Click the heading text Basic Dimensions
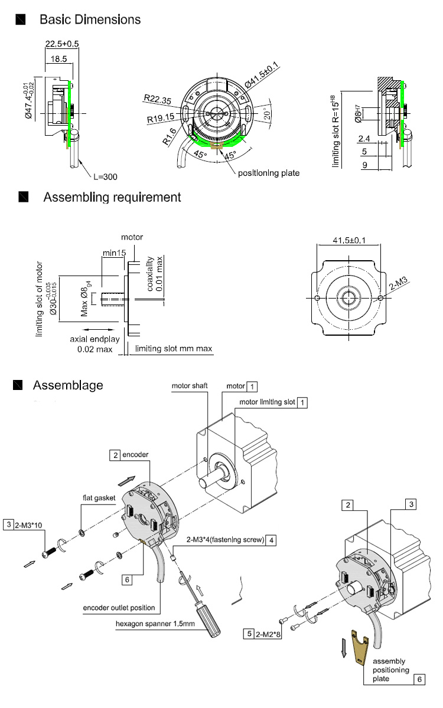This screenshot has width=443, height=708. pos(90,19)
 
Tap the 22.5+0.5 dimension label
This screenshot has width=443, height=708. pos(61,44)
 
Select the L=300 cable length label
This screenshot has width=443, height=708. pos(105,176)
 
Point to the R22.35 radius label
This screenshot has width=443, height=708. pos(157,99)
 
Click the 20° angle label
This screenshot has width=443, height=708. pos(268,114)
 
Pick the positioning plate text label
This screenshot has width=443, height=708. pos(269,173)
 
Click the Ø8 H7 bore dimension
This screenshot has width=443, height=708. pos(357,114)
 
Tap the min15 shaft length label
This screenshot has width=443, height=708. pos(114,253)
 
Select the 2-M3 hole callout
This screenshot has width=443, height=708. pos(398,283)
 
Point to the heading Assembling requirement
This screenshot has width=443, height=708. pos(112,197)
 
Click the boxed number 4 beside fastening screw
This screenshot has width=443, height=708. pos(271,540)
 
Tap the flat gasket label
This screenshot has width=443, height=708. pos(99,498)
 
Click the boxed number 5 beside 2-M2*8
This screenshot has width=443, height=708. pos(249,634)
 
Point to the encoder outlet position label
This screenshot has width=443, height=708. pos(119,608)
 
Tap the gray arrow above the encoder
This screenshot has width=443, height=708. pos(126,481)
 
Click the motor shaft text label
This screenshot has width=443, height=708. pos(190,386)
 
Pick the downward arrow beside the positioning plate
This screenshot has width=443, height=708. pos(344,648)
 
